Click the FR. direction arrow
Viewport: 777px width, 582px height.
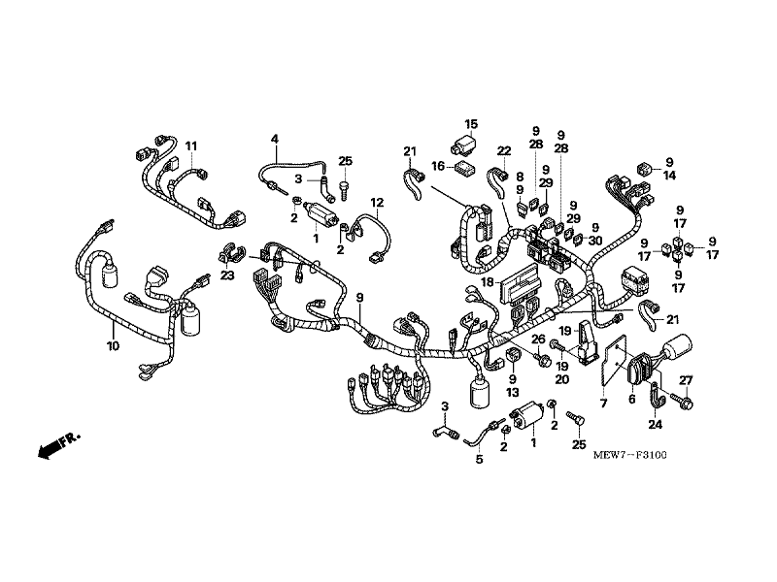tap(59, 445)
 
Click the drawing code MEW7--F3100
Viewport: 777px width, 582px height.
tap(629, 455)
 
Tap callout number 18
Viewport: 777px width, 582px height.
tap(488, 282)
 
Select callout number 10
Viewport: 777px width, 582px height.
tap(113, 346)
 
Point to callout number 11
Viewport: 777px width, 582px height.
tap(191, 146)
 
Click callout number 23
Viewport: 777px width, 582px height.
tap(227, 275)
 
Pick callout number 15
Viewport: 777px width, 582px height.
tap(471, 124)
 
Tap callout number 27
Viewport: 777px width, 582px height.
tap(686, 380)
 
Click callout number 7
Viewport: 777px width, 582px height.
tap(603, 404)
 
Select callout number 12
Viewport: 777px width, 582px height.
tap(377, 203)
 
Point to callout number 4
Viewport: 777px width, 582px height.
tap(275, 139)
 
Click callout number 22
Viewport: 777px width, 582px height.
tap(503, 151)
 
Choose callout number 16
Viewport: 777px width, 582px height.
tap(438, 166)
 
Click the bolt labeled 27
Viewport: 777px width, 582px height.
tap(683, 400)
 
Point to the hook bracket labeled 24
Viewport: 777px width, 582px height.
tap(655, 395)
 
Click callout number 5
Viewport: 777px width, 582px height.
tap(479, 460)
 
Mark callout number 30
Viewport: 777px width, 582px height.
tap(595, 241)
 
